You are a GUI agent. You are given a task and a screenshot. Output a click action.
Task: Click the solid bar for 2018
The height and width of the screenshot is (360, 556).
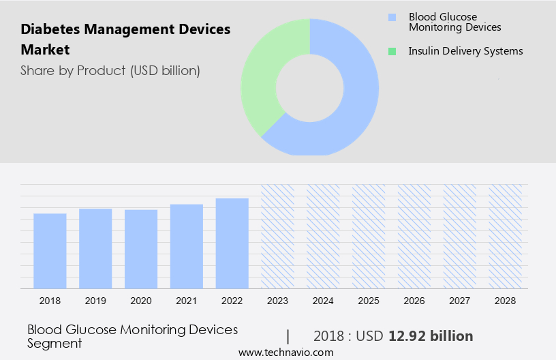50,251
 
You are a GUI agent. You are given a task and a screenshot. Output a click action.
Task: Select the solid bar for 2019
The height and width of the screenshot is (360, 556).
95,248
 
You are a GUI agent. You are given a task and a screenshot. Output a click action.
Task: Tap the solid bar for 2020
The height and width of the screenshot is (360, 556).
141,249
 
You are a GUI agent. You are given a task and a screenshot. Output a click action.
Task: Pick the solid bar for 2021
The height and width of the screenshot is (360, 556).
187,246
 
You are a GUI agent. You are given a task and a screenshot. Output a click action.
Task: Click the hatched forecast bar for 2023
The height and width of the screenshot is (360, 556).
278,236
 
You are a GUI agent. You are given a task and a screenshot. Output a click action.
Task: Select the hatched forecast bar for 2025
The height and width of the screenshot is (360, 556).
369,236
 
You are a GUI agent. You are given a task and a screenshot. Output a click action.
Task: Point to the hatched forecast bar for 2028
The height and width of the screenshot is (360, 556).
506,236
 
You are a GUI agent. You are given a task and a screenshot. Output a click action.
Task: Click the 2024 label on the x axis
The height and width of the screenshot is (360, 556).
323,300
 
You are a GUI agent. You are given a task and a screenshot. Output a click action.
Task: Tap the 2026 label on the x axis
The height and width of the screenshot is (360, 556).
414,300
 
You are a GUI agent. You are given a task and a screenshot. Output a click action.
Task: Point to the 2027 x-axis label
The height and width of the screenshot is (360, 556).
460,300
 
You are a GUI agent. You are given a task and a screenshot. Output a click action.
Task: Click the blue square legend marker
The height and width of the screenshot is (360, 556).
392,17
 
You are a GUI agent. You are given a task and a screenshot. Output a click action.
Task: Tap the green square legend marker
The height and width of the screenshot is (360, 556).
392,51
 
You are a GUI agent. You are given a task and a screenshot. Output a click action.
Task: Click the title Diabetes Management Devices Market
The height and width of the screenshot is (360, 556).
125,40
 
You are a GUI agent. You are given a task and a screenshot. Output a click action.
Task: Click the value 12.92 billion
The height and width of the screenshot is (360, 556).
431,336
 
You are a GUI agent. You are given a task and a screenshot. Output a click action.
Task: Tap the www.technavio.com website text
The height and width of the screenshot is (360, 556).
286,352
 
